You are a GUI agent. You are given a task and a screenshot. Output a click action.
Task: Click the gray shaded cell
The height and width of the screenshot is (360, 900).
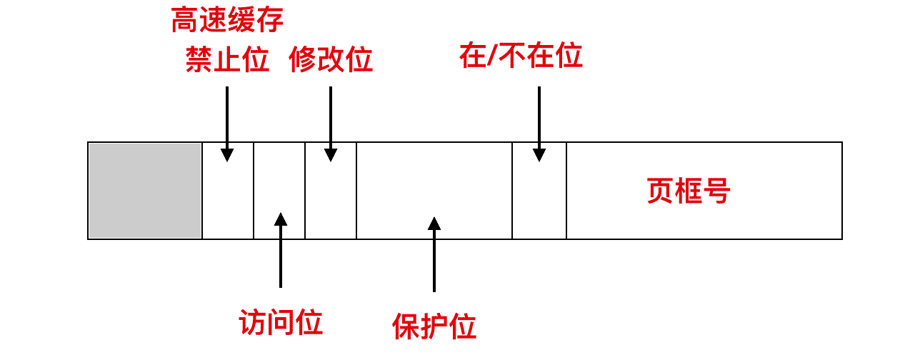click(145, 191)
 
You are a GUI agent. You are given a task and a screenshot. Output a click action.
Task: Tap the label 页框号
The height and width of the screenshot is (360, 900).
click(689, 191)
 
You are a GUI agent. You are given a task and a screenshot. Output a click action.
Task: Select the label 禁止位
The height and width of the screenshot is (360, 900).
click(227, 61)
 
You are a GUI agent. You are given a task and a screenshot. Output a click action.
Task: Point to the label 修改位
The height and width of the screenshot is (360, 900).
click(331, 61)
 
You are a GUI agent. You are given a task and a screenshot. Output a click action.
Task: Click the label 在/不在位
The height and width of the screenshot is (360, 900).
click(521, 56)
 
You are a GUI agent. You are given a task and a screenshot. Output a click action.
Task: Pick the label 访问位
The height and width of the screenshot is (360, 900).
click(281, 323)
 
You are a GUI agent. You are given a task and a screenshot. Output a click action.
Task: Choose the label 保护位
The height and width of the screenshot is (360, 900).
click(434, 327)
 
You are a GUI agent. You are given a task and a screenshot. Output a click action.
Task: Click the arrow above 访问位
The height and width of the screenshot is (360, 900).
click(281, 250)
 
